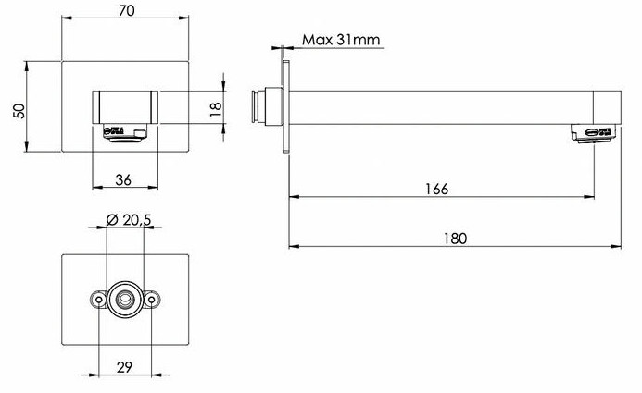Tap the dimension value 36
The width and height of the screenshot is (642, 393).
click(x=124, y=179)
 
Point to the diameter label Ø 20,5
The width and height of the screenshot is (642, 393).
click(x=126, y=219)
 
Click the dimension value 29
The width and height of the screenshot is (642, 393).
click(x=125, y=366)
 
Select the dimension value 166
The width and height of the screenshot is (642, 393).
click(x=438, y=189)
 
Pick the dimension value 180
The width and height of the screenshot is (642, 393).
click(x=455, y=238)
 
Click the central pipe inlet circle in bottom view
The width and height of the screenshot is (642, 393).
click(x=125, y=299)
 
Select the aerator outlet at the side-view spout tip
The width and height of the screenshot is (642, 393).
click(x=592, y=135)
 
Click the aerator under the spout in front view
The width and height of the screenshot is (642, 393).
click(x=125, y=136)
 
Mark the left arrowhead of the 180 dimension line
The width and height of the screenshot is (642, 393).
click(x=293, y=246)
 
